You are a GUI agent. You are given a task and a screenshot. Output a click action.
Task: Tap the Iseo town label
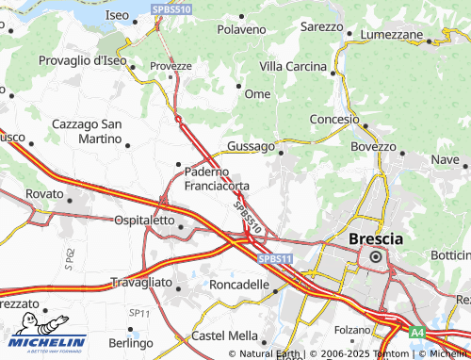(x=118, y=16)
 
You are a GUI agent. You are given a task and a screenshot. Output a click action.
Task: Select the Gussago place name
(x=250, y=147)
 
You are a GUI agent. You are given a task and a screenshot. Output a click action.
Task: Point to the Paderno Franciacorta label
(x=217, y=179)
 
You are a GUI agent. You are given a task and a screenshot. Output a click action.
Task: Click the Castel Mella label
(x=224, y=335)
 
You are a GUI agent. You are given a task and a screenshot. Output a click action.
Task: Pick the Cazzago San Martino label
(x=86, y=132)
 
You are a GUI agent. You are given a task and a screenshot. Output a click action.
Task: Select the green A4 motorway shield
(x=416, y=332)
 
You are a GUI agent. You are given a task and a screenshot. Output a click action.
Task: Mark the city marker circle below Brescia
(x=375, y=256)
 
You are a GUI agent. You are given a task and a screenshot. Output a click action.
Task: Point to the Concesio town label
(x=334, y=120)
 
